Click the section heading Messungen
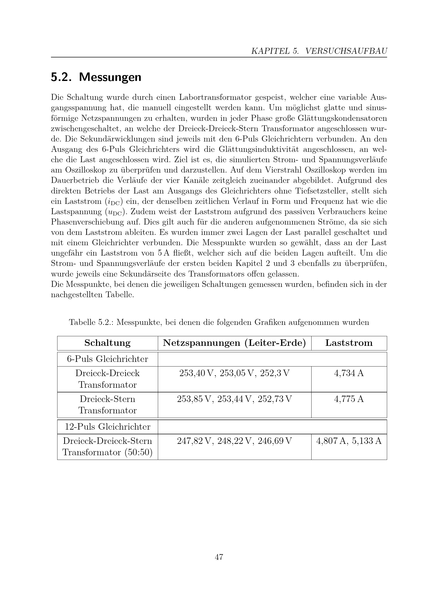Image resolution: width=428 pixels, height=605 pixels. (110, 77)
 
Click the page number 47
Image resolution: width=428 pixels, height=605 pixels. (219, 557)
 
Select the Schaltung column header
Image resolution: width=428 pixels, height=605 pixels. (107, 343)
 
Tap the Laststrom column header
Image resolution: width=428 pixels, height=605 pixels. (349, 343)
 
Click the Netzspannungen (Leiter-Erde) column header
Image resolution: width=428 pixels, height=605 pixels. (234, 343)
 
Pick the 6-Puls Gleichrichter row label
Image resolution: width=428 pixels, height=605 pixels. (107, 359)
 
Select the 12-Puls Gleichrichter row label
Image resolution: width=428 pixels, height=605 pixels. (107, 427)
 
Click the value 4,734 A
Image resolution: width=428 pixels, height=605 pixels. (349, 374)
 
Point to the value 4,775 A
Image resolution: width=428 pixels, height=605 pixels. (349, 399)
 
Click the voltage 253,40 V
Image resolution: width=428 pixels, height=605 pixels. (196, 374)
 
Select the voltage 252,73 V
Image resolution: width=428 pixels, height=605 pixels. (275, 399)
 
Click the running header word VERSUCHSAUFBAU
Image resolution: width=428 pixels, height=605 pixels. (346, 51)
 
